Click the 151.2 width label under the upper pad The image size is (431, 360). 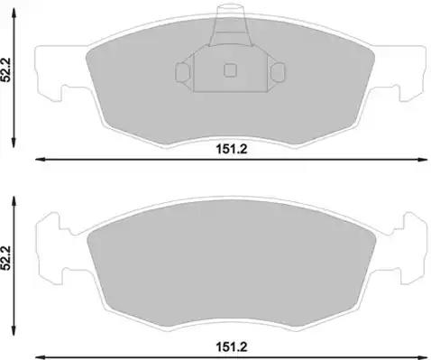coord(232,149)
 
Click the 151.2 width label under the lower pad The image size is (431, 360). coord(232,347)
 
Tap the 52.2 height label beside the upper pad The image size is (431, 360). coord(5,69)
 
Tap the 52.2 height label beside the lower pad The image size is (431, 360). coord(5,258)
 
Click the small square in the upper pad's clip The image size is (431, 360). coord(230,70)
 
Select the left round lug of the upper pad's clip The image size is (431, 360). coord(182,72)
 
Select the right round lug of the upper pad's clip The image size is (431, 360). coord(278,72)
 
